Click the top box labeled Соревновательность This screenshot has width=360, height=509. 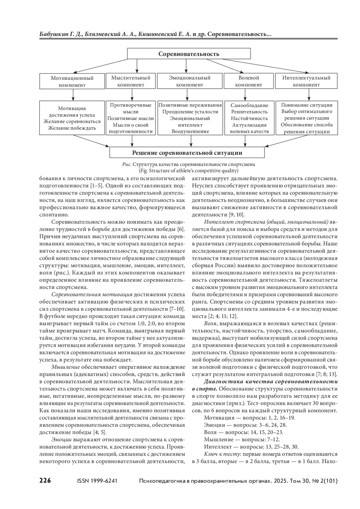(189, 54)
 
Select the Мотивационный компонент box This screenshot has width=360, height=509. (72, 81)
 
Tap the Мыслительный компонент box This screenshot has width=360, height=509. (131, 81)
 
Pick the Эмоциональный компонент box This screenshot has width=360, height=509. (190, 81)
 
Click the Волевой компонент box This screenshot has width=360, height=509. (248, 81)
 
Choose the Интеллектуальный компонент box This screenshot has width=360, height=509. (306, 81)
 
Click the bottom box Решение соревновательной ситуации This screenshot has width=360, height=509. (187, 153)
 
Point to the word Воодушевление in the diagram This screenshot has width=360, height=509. (190, 131)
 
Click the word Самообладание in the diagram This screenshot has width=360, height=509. (249, 105)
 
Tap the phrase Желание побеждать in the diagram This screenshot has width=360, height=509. (72, 128)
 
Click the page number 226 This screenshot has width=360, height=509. (45, 481)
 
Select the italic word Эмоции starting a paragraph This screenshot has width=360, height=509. (61, 439)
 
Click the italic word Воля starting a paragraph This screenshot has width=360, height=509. (210, 324)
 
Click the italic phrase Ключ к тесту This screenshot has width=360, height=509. (221, 454)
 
